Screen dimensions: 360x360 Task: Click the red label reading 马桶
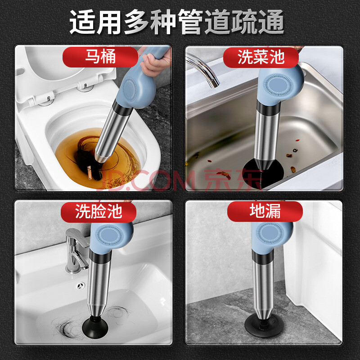[x=100, y=57]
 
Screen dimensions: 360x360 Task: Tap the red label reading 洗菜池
[x=261, y=57]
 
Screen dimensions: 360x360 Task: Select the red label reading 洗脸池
[x=99, y=212]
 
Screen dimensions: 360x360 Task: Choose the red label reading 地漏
[x=265, y=211]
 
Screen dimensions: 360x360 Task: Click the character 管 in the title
[x=190, y=22]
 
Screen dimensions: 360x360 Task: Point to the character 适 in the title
[x=82, y=22]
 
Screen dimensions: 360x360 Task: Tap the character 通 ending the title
[x=271, y=22]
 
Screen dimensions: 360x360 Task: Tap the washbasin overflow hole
[x=81, y=286]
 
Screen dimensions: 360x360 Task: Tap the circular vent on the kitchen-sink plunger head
[x=279, y=85]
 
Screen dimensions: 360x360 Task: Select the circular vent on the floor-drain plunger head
[x=270, y=233]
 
